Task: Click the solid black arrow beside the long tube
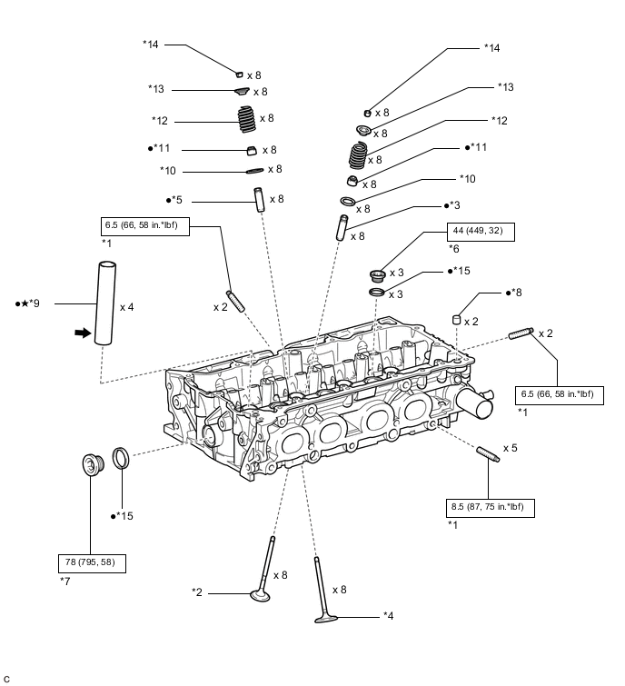(x=83, y=333)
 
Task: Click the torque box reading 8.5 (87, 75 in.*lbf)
(x=490, y=508)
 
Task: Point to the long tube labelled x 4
(x=105, y=303)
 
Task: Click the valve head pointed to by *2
(x=260, y=595)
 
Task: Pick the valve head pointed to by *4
(x=326, y=619)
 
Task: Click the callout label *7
(x=65, y=582)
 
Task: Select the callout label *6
(x=454, y=249)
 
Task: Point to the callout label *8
(x=514, y=293)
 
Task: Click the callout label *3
(x=452, y=205)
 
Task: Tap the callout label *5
(x=174, y=200)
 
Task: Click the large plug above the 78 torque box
(x=94, y=464)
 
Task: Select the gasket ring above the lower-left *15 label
(x=121, y=458)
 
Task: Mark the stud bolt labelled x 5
(x=488, y=453)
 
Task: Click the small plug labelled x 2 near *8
(x=457, y=320)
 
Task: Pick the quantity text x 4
(x=127, y=307)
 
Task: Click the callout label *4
(x=389, y=616)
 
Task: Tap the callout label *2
(x=197, y=592)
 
